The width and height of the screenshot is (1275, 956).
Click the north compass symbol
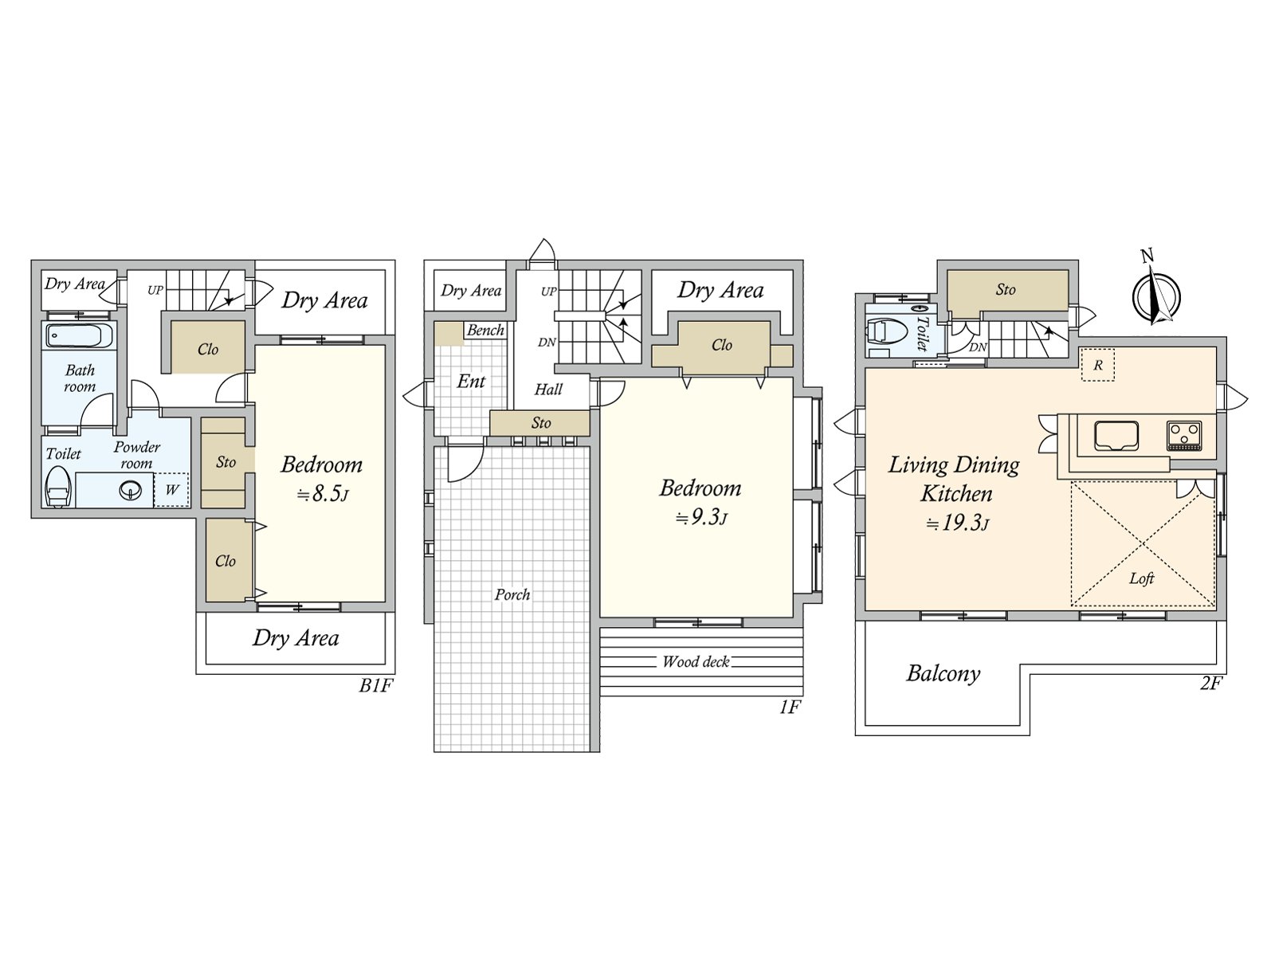[x=1156, y=293]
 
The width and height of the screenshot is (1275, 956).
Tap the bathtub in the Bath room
[x=80, y=336]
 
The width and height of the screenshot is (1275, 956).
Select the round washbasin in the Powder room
[x=130, y=491]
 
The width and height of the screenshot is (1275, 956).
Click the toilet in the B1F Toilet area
[x=59, y=488]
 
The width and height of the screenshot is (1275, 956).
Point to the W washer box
[x=171, y=490]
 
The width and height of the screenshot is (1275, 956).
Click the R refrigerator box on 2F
[x=1097, y=365]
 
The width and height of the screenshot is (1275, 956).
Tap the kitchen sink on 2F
[x=1116, y=436]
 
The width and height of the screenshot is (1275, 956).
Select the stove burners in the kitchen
[x=1184, y=435]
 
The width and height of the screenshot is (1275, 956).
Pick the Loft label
[x=1141, y=578]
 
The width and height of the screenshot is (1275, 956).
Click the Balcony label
[x=943, y=673]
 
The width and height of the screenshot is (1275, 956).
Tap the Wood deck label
[x=696, y=661]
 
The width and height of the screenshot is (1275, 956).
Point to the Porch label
[x=512, y=594]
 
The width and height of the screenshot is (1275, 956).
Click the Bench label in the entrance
[x=485, y=331]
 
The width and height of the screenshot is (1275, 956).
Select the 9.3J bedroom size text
[x=701, y=517]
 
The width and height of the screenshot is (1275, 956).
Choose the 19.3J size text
[x=957, y=523]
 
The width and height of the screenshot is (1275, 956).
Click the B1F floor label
[x=376, y=685]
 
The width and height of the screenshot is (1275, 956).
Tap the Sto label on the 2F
[x=1006, y=290]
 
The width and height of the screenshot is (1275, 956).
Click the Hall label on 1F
[x=548, y=389]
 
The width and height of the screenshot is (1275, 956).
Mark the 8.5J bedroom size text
[x=322, y=494]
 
